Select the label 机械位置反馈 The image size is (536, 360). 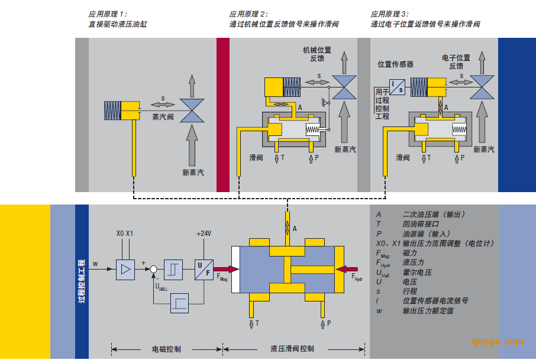pyautogui.click(x=317, y=54)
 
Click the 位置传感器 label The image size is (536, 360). pyautogui.click(x=395, y=64)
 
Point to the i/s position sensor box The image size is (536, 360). pyautogui.click(x=397, y=87)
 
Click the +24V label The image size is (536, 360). pyautogui.click(x=204, y=233)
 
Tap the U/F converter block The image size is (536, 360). pyautogui.click(x=204, y=270)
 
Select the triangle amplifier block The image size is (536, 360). pyautogui.click(x=125, y=270)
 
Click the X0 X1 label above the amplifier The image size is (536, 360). pyautogui.click(x=125, y=233)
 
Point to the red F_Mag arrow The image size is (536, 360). pyautogui.click(x=227, y=270)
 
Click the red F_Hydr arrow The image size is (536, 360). pyautogui.click(x=345, y=270)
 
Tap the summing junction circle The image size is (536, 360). pyautogui.click(x=154, y=270)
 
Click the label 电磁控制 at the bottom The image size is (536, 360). pyautogui.click(x=167, y=349)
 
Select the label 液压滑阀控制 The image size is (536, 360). pyautogui.click(x=292, y=349)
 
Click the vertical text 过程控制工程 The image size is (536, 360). pyautogui.click(x=81, y=281)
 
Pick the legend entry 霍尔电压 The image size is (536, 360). pyautogui.click(x=416, y=273)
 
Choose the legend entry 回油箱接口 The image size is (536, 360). pyautogui.click(x=421, y=224)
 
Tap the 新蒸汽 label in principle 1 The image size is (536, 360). pyautogui.click(x=193, y=173)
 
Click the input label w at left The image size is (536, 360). pyautogui.click(x=95, y=263)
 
